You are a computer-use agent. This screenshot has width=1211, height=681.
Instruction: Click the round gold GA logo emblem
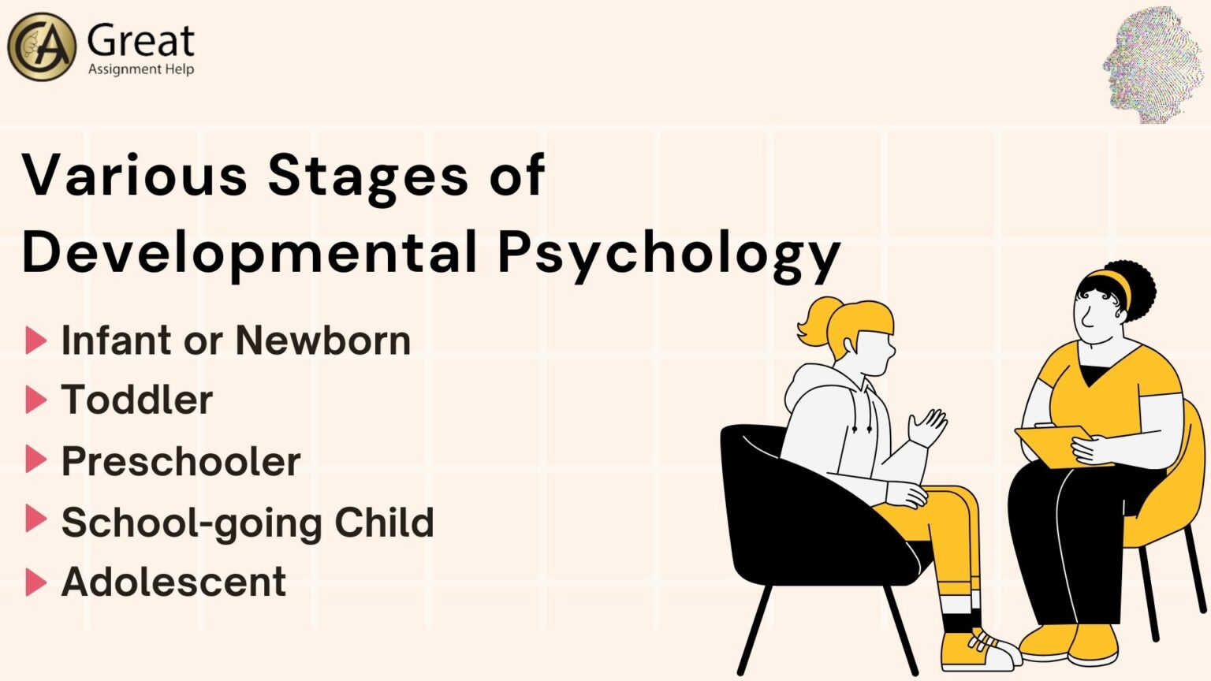pyautogui.click(x=41, y=47)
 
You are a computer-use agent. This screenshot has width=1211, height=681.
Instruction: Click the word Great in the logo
pyautogui.click(x=140, y=41)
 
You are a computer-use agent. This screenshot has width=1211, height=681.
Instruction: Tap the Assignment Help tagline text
pyautogui.click(x=140, y=69)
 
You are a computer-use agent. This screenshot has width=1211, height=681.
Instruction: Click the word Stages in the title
pyautogui.click(x=368, y=175)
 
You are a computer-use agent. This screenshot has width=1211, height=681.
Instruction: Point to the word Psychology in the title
pyautogui.click(x=669, y=254)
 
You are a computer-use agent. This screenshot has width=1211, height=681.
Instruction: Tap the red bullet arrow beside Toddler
pyautogui.click(x=35, y=400)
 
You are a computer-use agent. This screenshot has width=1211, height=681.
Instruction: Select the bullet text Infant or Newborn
pyautogui.click(x=236, y=340)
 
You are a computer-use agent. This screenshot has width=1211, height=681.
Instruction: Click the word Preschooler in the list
pyautogui.click(x=181, y=461)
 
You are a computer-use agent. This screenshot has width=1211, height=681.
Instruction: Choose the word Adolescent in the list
pyautogui.click(x=173, y=582)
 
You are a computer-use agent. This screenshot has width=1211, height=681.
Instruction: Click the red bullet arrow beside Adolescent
pyautogui.click(x=35, y=582)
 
